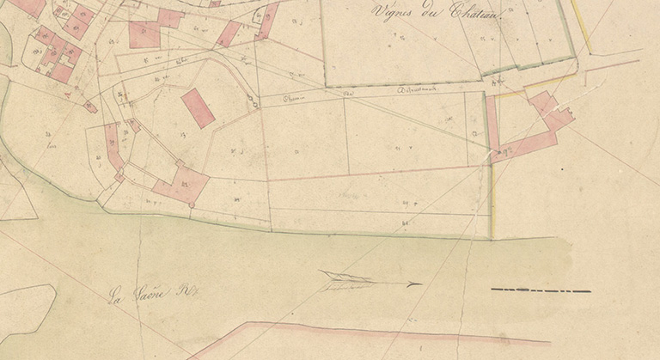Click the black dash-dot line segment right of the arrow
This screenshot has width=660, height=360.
[x=541, y=290]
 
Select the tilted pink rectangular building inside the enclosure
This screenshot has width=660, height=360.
[x=199, y=107]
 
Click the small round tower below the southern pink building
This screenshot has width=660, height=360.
[x=192, y=204]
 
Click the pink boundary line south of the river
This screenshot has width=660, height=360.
[x=387, y=331]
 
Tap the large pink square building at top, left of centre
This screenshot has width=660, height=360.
[x=144, y=34]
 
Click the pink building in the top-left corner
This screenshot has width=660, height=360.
[x=28, y=7]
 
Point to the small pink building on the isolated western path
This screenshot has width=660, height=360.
[x=90, y=107]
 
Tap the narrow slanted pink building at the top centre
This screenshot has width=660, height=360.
[x=229, y=34]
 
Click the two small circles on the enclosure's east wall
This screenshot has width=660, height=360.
[x=252, y=101]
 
